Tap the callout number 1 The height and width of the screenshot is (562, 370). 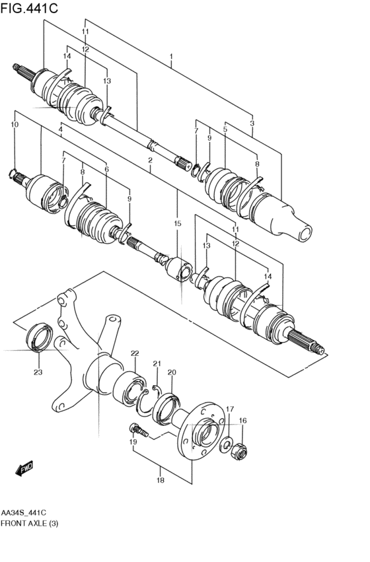pyautogui.click(x=170, y=57)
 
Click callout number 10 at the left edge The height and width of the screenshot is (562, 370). pyautogui.click(x=15, y=124)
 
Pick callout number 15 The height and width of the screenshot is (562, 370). pyautogui.click(x=177, y=224)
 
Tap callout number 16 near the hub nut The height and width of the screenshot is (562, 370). pyautogui.click(x=242, y=421)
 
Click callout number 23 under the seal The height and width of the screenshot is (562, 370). pyautogui.click(x=38, y=372)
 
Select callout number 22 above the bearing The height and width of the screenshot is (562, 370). pyautogui.click(x=134, y=353)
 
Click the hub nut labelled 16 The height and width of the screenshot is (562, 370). pyautogui.click(x=240, y=450)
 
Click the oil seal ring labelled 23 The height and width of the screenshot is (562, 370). pyautogui.click(x=38, y=336)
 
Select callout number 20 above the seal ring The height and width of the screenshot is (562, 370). pyautogui.click(x=171, y=372)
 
